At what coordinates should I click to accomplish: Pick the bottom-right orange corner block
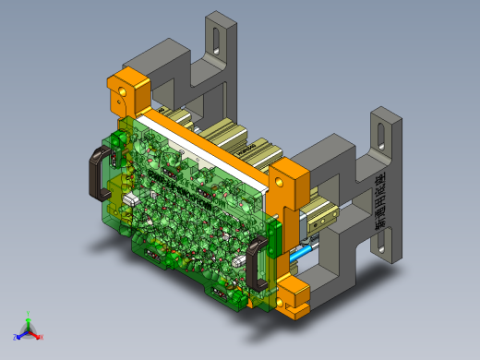(294, 300)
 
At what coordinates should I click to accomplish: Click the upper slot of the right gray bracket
(379, 134)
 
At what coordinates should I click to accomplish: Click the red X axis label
(41, 337)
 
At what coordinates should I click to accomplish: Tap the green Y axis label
(30, 313)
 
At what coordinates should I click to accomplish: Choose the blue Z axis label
(16, 338)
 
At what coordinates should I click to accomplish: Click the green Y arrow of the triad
(30, 320)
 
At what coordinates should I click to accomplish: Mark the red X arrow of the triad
(35, 333)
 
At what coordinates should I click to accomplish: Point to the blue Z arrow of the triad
(21, 333)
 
